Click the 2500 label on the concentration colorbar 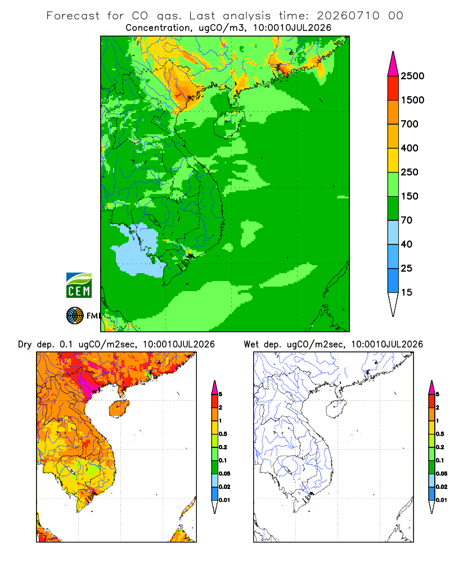pyautogui.click(x=412, y=76)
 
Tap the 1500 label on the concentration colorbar pyautogui.click(x=412, y=100)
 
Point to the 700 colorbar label pyautogui.click(x=409, y=124)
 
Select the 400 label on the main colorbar pyautogui.click(x=409, y=148)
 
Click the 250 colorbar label pyautogui.click(x=409, y=172)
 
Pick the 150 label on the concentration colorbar pyautogui.click(x=409, y=196)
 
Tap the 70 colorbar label pyautogui.click(x=407, y=220)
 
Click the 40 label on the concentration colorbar pyautogui.click(x=407, y=244)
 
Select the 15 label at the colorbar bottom pyautogui.click(x=407, y=292)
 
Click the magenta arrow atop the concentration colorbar pyautogui.click(x=393, y=65)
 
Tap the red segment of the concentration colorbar pyautogui.click(x=393, y=88)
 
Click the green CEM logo pyautogui.click(x=79, y=285)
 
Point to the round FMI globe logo pyautogui.click(x=75, y=315)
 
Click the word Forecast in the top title pyautogui.click(x=73, y=15)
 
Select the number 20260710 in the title pyautogui.click(x=348, y=15)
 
